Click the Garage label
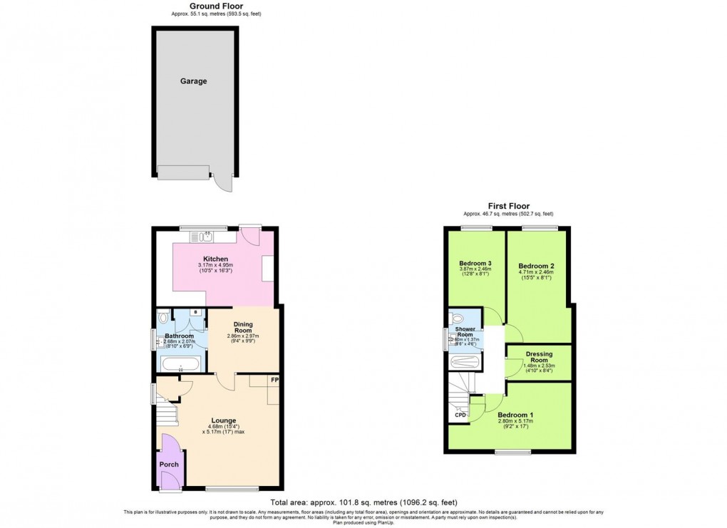[193, 81]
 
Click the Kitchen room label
[216, 259]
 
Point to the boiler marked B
[195, 313]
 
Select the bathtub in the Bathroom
[180, 366]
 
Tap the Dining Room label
[244, 327]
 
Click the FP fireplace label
[274, 381]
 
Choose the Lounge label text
[223, 420]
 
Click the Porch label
[169, 465]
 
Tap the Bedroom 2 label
[537, 265]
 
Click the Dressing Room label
[539, 357]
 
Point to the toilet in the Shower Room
[456, 318]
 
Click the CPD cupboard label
[460, 415]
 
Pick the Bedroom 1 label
[515, 415]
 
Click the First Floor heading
[508, 206]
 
